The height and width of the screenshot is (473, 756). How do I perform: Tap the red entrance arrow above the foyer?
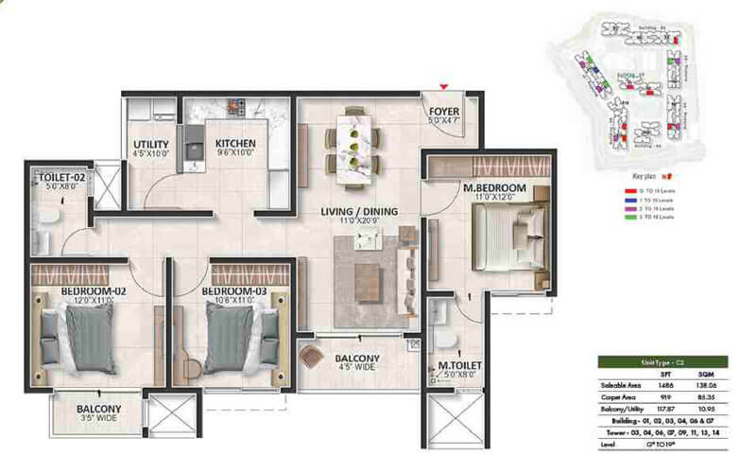443,86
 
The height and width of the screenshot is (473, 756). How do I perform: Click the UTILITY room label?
151,145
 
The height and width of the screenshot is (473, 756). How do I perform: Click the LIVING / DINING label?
358,211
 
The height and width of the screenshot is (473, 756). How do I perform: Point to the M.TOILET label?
456,366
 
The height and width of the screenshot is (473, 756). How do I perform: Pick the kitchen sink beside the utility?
196,149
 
